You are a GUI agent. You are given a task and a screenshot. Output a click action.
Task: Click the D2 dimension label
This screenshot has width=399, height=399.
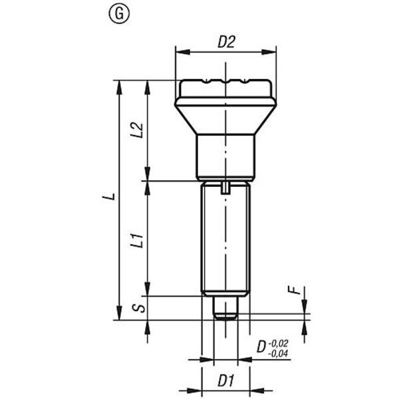[226, 42]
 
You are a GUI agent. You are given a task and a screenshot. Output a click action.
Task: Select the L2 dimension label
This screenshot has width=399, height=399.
[137, 130]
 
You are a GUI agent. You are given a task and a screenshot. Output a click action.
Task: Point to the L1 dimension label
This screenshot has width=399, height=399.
[137, 241]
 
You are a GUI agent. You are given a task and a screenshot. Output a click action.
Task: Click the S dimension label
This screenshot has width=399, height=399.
[139, 308]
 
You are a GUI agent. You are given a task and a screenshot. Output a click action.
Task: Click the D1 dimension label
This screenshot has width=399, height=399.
[226, 381]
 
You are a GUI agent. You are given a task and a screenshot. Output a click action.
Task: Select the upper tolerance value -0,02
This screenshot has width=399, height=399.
[279, 344]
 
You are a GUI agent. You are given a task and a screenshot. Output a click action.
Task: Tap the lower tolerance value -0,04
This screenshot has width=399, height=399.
[278, 354]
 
